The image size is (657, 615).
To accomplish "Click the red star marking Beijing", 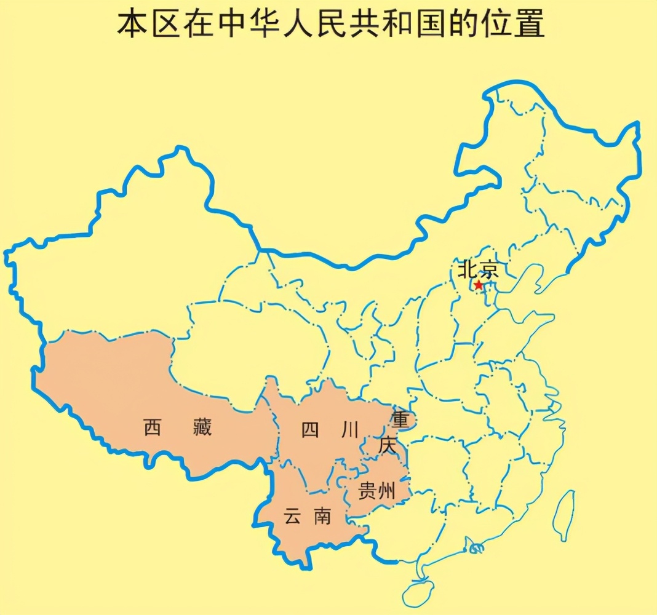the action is point(479,285).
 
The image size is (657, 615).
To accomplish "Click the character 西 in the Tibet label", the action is point(152,427).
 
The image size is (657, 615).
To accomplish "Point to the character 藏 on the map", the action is point(202,427).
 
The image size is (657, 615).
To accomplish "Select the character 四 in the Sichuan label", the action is point(310,430).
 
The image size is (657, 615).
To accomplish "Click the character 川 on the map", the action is point(349,430).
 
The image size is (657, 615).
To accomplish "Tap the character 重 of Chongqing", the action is point(400,421).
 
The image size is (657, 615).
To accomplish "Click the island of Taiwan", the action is point(563,514).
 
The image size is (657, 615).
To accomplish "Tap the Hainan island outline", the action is point(421,592).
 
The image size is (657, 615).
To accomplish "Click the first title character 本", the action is point(131,25).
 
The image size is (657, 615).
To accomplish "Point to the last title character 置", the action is point(530,25).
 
